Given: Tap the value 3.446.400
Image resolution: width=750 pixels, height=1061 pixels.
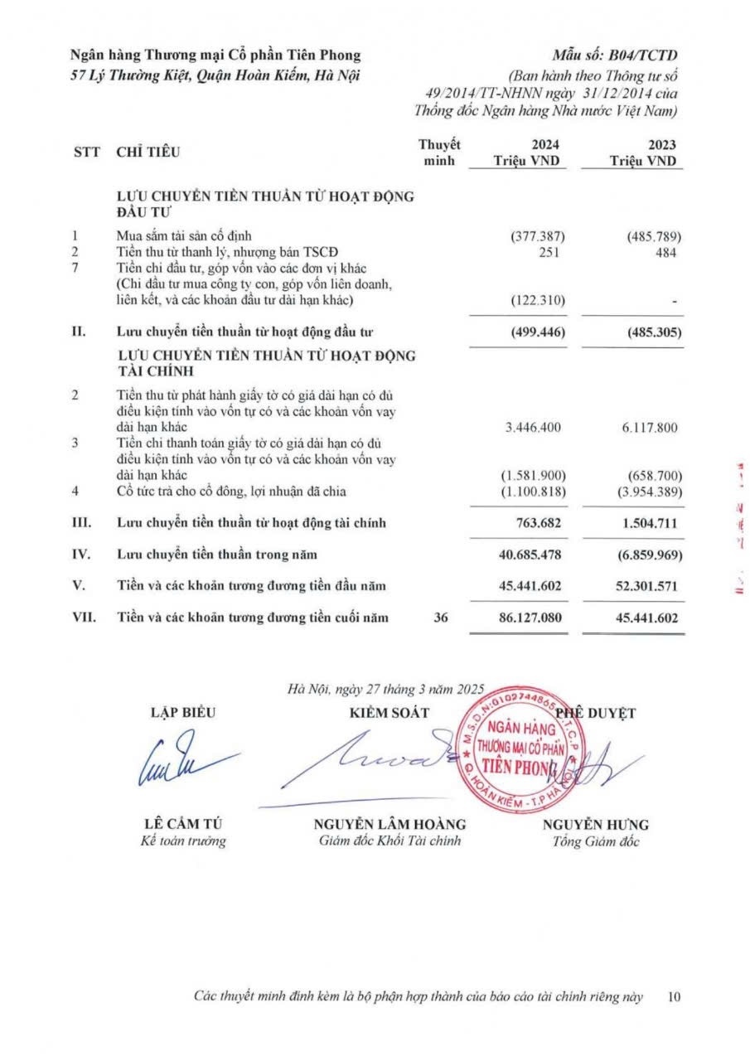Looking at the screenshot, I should click(535, 428).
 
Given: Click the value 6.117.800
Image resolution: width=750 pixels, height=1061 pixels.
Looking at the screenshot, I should click(648, 428).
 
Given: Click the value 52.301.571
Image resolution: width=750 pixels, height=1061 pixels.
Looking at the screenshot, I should click(646, 586).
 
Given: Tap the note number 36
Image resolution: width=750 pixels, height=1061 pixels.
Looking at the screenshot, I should click(442, 618).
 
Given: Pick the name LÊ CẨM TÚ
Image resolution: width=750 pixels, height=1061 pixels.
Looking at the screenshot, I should click(183, 825).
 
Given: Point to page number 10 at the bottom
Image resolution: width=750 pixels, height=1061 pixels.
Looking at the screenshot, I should click(674, 996).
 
